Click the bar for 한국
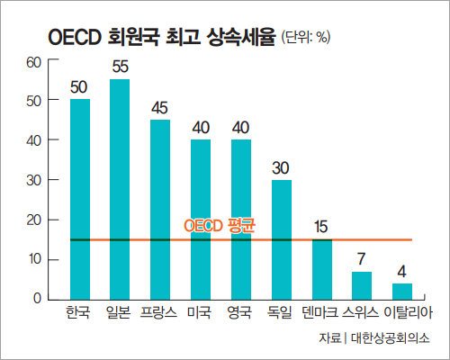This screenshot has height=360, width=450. (x=80, y=198)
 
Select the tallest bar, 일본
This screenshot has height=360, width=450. (x=120, y=189)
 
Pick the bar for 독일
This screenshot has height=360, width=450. (x=281, y=238)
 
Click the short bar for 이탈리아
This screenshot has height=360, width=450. (x=402, y=291)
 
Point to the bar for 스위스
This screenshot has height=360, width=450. (x=362, y=284)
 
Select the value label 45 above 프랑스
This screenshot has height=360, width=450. (x=160, y=108)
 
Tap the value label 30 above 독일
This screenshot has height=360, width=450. (x=281, y=167)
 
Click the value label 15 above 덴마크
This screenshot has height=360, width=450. (x=321, y=227)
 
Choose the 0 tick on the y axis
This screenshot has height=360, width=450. (x=38, y=299)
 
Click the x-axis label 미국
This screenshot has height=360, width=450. (x=200, y=314)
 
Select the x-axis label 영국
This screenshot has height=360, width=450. (x=240, y=314)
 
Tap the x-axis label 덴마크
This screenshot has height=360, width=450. (x=321, y=314)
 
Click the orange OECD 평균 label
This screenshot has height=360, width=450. (x=218, y=225)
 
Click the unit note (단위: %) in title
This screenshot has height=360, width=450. (x=307, y=38)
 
